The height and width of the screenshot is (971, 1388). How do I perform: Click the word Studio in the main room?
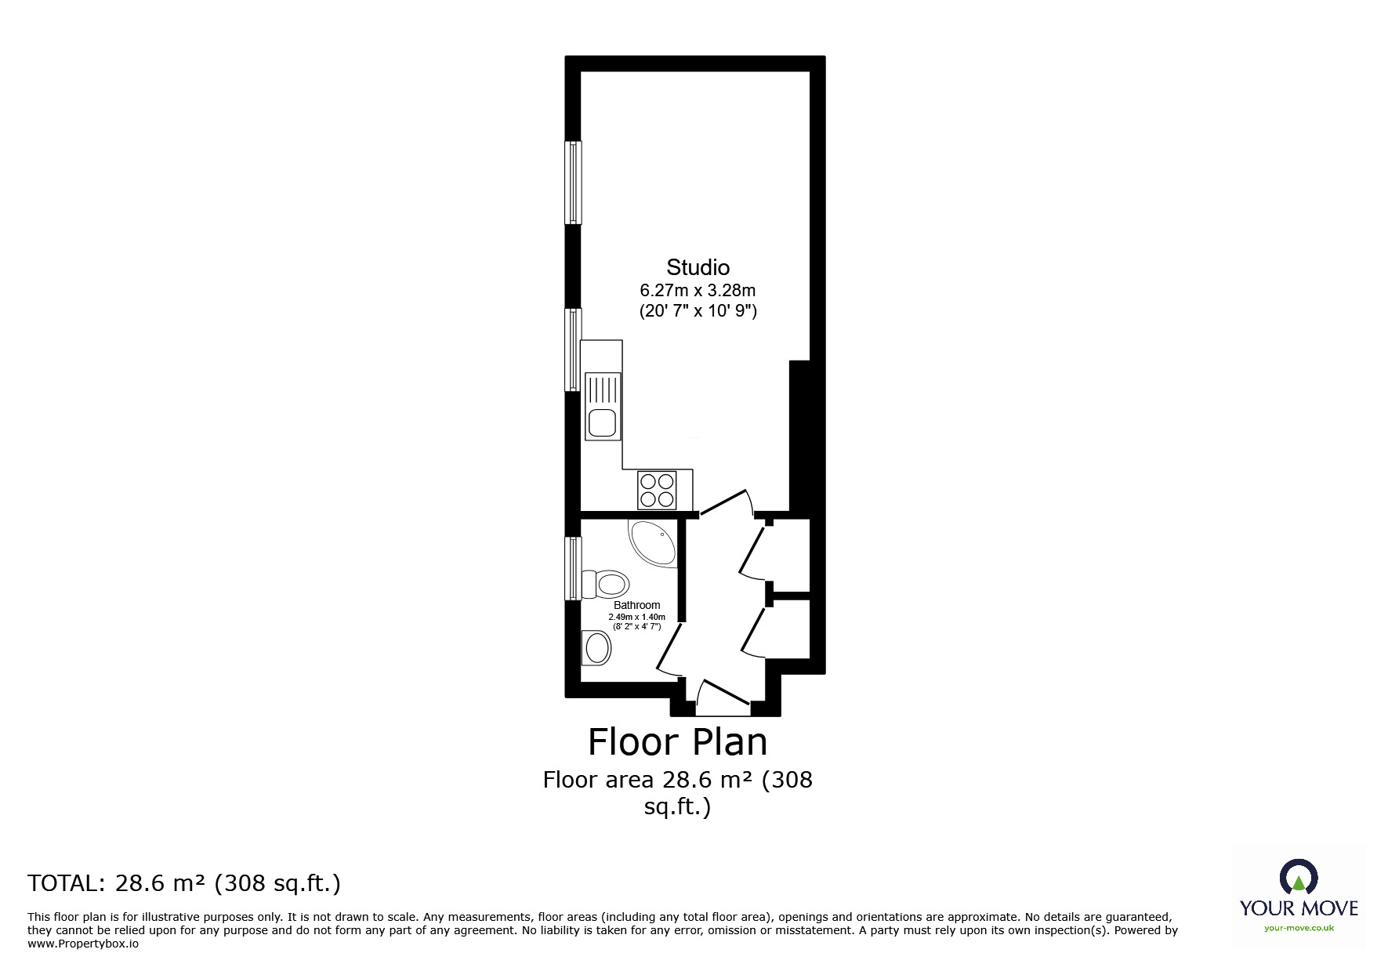coord(698,267)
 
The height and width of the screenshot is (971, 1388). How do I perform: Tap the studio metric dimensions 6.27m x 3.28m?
coord(698,291)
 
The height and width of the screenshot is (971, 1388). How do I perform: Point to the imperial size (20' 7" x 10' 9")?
coord(698,311)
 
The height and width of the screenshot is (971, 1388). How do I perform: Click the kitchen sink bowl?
coord(603,422)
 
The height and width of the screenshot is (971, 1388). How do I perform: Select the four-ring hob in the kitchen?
coord(657,490)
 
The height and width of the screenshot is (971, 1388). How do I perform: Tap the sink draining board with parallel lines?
coord(603,390)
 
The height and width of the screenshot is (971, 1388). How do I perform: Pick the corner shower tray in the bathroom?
coord(652,543)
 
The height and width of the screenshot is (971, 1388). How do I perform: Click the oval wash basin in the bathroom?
coord(597,648)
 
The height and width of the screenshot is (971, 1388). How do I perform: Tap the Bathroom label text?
coord(636,605)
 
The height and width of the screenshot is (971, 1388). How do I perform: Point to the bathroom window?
coord(574,568)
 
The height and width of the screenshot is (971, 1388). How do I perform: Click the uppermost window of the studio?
coord(574,183)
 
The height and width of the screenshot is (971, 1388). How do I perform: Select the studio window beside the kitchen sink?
coord(574,350)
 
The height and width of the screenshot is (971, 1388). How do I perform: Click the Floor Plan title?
coord(678,741)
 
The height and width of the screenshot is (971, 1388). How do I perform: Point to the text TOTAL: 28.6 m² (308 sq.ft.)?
coord(184,883)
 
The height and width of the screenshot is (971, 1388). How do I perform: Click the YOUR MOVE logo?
coord(1299,896)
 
